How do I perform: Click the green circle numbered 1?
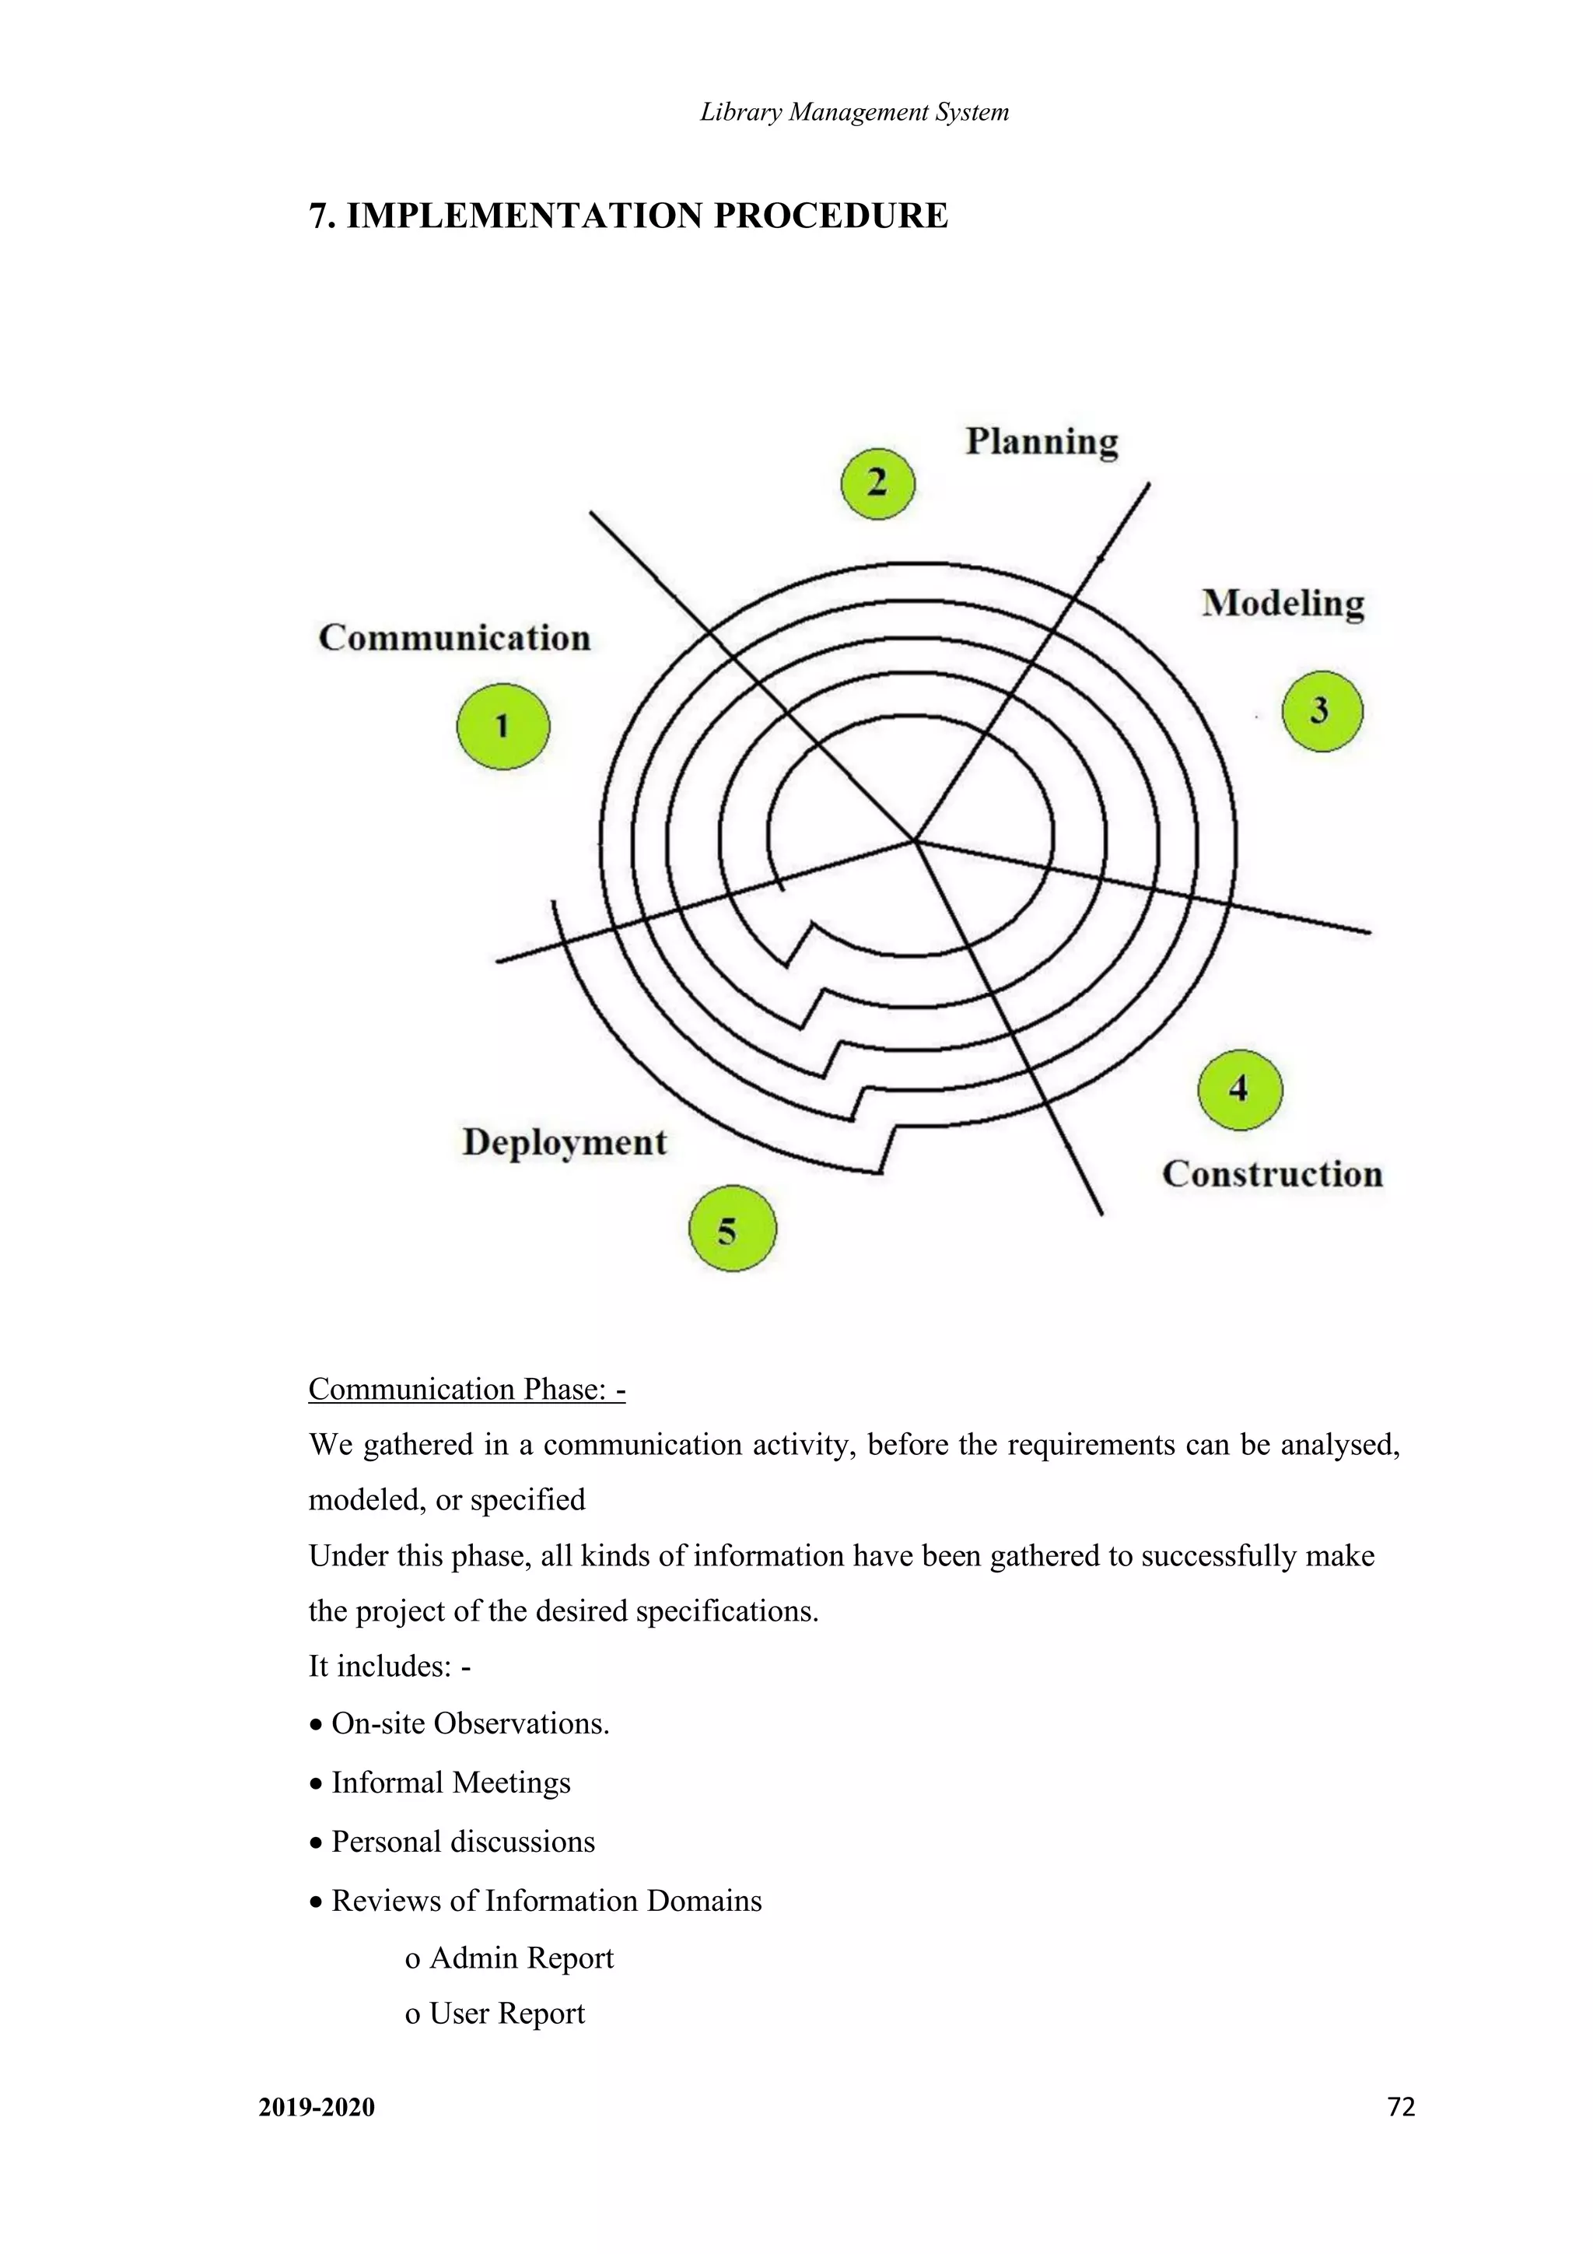click(x=502, y=727)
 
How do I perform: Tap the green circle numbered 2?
click(x=877, y=484)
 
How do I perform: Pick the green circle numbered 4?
click(x=1240, y=1088)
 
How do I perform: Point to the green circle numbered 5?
click(x=731, y=1229)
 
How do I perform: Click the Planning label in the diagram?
click(x=1042, y=442)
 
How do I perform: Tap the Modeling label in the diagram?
click(x=1283, y=603)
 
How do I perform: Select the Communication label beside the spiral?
click(x=454, y=638)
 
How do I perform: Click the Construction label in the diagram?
click(x=1272, y=1174)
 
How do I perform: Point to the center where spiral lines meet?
click(x=914, y=840)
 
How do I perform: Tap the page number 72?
click(x=1401, y=2107)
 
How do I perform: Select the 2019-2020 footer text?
click(x=316, y=2108)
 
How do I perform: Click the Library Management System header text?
click(x=854, y=112)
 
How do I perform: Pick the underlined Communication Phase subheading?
click(x=466, y=1389)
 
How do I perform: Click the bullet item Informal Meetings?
click(x=450, y=1782)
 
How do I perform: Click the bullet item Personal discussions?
click(x=462, y=1841)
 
